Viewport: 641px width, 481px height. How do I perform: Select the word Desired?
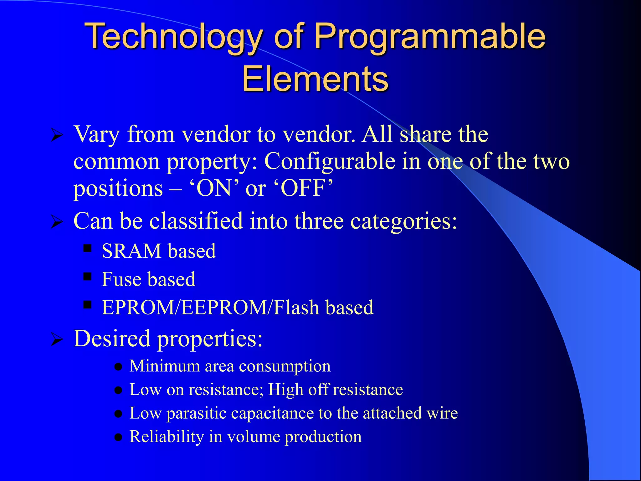[112, 339]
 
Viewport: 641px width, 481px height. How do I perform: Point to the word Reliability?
[167, 437]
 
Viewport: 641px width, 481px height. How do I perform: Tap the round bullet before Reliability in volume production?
[118, 437]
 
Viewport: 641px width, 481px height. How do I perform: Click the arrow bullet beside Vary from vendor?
[57, 136]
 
